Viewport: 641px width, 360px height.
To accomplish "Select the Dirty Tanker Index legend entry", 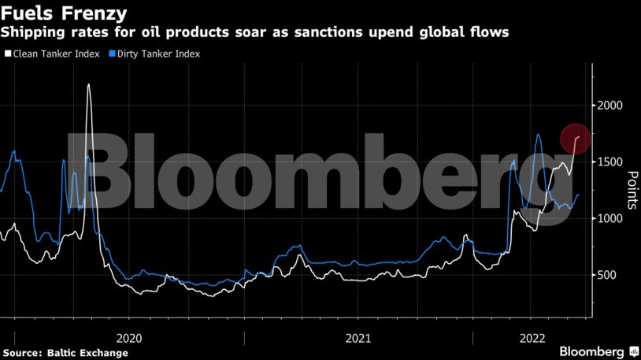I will (x=157, y=54).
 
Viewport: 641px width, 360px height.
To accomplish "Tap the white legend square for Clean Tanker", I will (x=6, y=54).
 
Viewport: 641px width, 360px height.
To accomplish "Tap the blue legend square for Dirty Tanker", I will (x=112, y=54).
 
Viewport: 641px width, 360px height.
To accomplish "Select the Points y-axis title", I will (x=630, y=190).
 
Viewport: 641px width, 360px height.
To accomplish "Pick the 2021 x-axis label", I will (x=358, y=337).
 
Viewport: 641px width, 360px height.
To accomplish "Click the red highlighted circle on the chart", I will (x=576, y=139).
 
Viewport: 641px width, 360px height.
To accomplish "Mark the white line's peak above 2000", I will (x=88, y=84).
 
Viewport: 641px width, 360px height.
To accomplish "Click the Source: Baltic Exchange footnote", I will (x=65, y=352).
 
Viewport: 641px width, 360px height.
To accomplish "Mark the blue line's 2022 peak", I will (x=538, y=135).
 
